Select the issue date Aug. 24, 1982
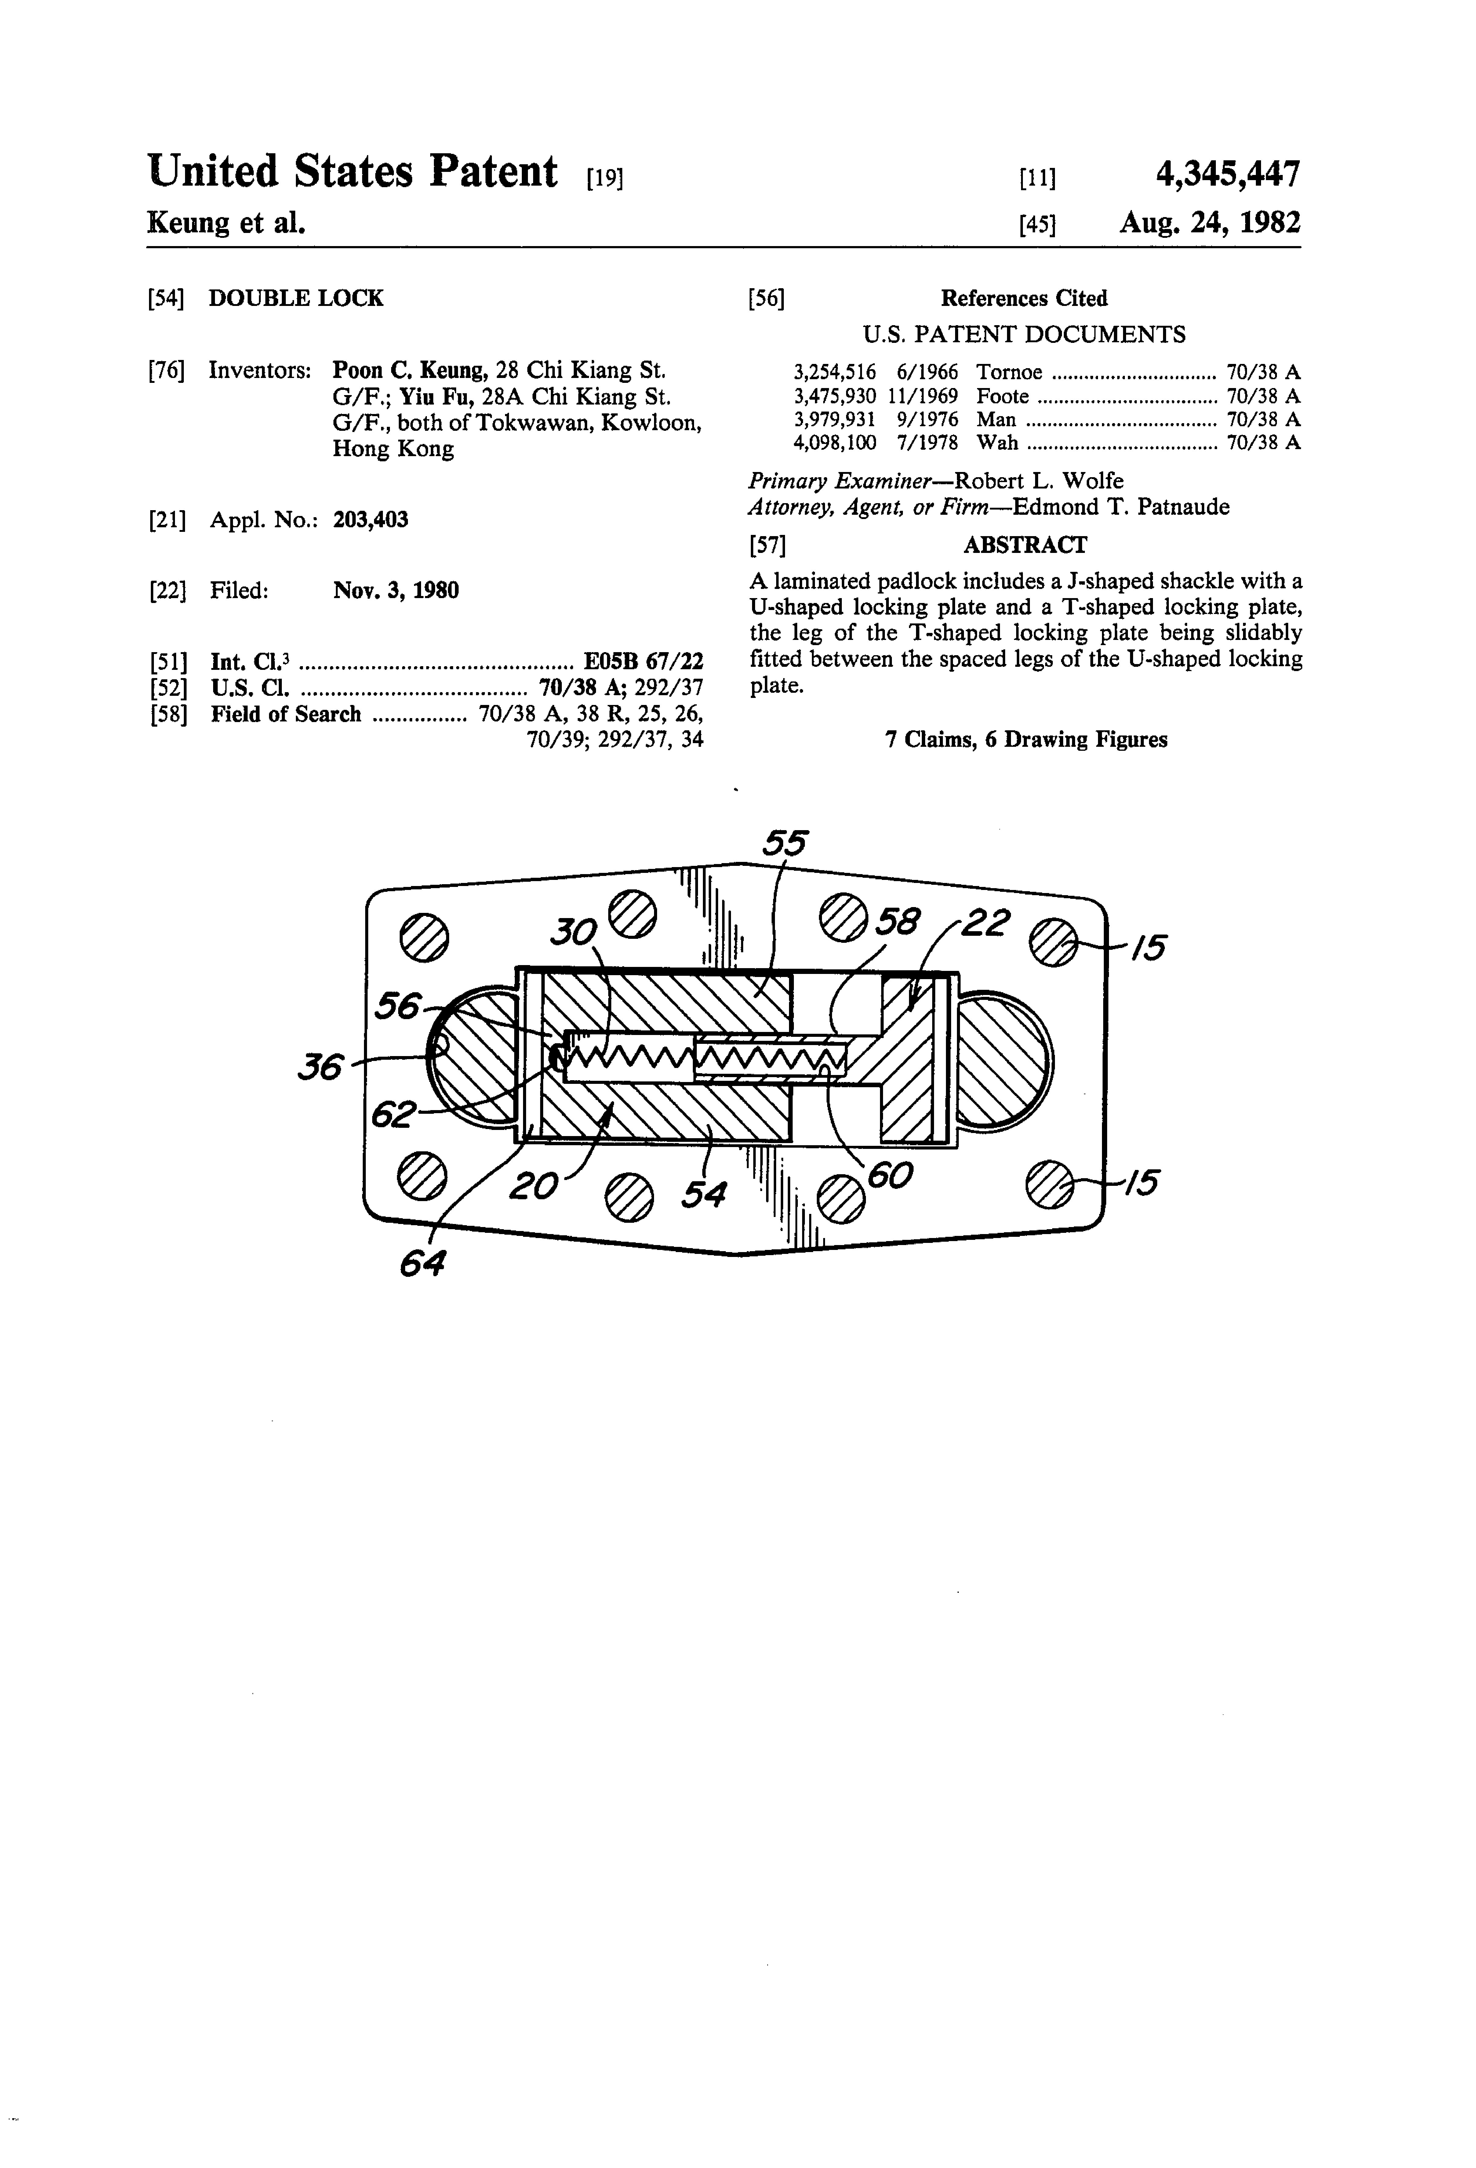click(1209, 223)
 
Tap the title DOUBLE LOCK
click(296, 299)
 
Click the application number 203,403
click(370, 520)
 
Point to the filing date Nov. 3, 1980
click(396, 590)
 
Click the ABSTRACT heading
click(1024, 545)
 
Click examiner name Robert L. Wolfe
click(1039, 481)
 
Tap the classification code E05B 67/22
click(643, 662)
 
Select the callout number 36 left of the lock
click(320, 1066)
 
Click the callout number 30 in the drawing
click(573, 930)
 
